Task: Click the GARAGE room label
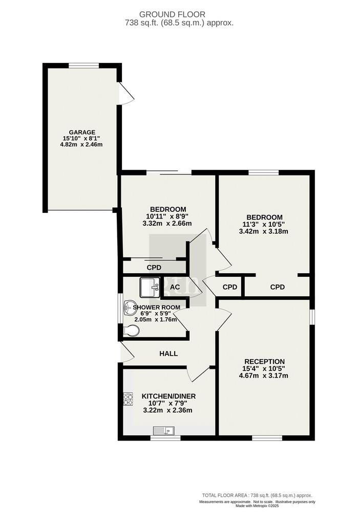82,132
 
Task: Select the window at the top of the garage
84,65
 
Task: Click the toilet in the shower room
131,331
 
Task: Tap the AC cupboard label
175,287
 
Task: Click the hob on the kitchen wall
128,399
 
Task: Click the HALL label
168,354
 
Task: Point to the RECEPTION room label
264,361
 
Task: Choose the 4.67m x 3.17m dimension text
263,376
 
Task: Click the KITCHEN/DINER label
168,396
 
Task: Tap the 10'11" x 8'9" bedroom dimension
168,216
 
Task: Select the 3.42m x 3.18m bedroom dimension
264,231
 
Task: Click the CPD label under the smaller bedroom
154,267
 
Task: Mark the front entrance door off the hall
127,352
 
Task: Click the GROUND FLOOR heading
172,14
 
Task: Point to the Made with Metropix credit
257,506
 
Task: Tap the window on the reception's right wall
312,316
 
